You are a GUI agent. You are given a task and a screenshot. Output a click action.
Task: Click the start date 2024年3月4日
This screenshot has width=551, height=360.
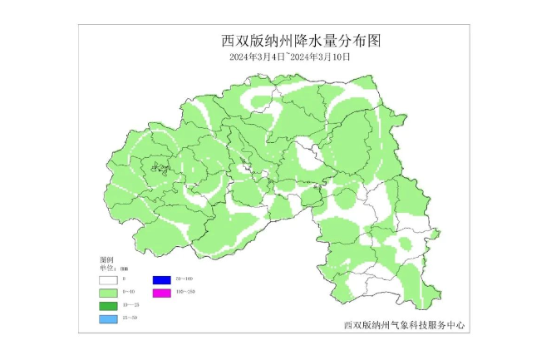tap(257, 57)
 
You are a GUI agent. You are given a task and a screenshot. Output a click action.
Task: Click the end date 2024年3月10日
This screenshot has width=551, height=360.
tap(319, 57)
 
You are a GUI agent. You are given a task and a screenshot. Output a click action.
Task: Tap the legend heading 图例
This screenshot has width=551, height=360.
tap(106, 260)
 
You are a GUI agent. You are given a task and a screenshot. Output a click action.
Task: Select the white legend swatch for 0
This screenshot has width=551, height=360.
tap(109, 280)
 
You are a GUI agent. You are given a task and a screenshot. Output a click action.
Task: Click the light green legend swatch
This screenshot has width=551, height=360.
tap(109, 293)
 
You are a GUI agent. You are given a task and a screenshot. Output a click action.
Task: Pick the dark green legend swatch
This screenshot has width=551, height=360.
tap(109, 307)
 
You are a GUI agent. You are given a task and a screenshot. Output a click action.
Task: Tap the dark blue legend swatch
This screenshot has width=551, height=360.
tap(161, 280)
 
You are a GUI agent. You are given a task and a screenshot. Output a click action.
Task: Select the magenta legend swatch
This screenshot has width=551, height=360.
tap(161, 293)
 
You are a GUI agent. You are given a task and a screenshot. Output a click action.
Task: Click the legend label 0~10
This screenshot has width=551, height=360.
tap(128, 293)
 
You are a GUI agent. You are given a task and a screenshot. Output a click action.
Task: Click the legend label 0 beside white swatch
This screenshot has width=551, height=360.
tap(124, 279)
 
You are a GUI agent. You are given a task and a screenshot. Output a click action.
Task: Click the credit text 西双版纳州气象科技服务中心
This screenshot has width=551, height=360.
tap(404, 325)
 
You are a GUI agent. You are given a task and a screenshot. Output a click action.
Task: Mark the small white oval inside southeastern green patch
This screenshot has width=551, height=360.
tap(406, 244)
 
